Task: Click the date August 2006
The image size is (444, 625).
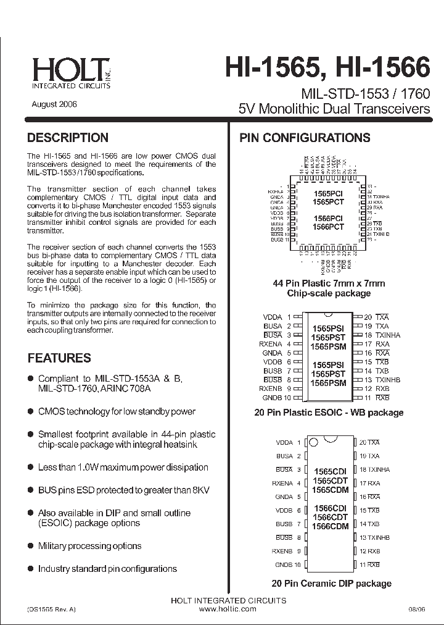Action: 54,104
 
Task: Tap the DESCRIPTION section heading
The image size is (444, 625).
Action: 68,138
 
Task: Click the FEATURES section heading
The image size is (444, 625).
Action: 59,358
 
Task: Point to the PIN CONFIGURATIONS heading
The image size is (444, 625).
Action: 305,138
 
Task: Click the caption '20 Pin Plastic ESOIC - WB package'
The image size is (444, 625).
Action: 329,412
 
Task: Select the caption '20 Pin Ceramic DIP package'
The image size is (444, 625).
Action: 331,583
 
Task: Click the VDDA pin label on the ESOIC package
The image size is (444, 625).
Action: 272,317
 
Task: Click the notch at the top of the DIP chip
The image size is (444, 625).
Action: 313,442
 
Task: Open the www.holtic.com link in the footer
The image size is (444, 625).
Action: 228,609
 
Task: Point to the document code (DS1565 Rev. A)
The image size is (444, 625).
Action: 52,609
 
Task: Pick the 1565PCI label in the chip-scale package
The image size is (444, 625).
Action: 328,193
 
